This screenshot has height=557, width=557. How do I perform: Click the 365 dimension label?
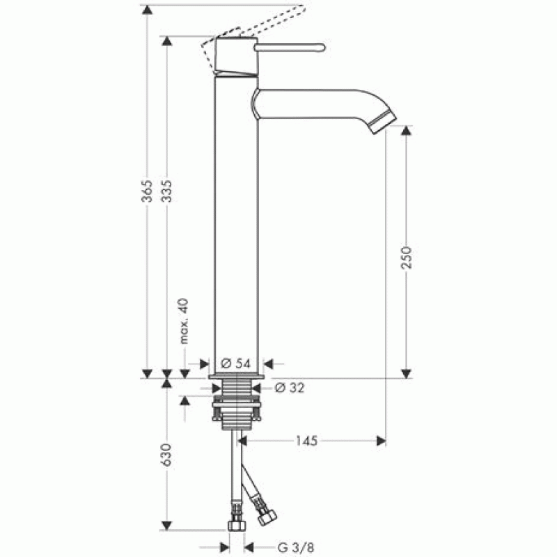pos(147,191)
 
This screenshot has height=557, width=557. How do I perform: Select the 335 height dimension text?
pos(166,191)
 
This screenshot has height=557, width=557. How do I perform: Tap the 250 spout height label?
pos(406,258)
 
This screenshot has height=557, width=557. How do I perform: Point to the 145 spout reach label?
pos(306,441)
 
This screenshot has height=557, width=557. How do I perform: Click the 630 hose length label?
pos(166,455)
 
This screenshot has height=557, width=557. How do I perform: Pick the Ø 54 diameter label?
pos(235,363)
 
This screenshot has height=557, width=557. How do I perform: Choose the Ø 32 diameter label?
pos(290,388)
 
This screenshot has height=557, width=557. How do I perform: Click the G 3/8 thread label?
pos(296,547)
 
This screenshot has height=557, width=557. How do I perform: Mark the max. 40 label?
pos(184,321)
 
